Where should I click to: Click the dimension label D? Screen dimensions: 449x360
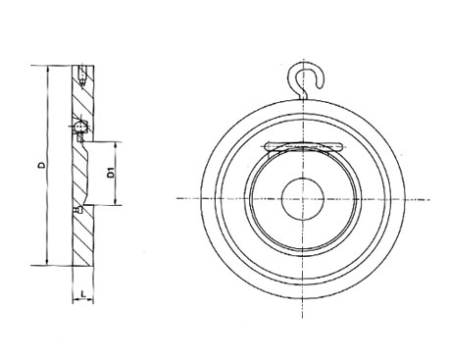click(41, 165)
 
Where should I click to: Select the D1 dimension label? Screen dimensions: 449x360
click(112, 173)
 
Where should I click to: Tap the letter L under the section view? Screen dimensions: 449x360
click(83, 293)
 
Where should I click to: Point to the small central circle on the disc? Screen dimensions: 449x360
click(303, 199)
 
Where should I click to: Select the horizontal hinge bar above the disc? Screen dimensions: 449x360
click(304, 145)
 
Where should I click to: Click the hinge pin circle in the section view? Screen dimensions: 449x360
click(79, 127)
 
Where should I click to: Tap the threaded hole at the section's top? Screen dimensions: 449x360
click(82, 75)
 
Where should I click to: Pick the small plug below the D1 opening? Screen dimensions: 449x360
click(78, 210)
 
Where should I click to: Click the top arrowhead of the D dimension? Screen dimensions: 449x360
click(48, 69)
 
